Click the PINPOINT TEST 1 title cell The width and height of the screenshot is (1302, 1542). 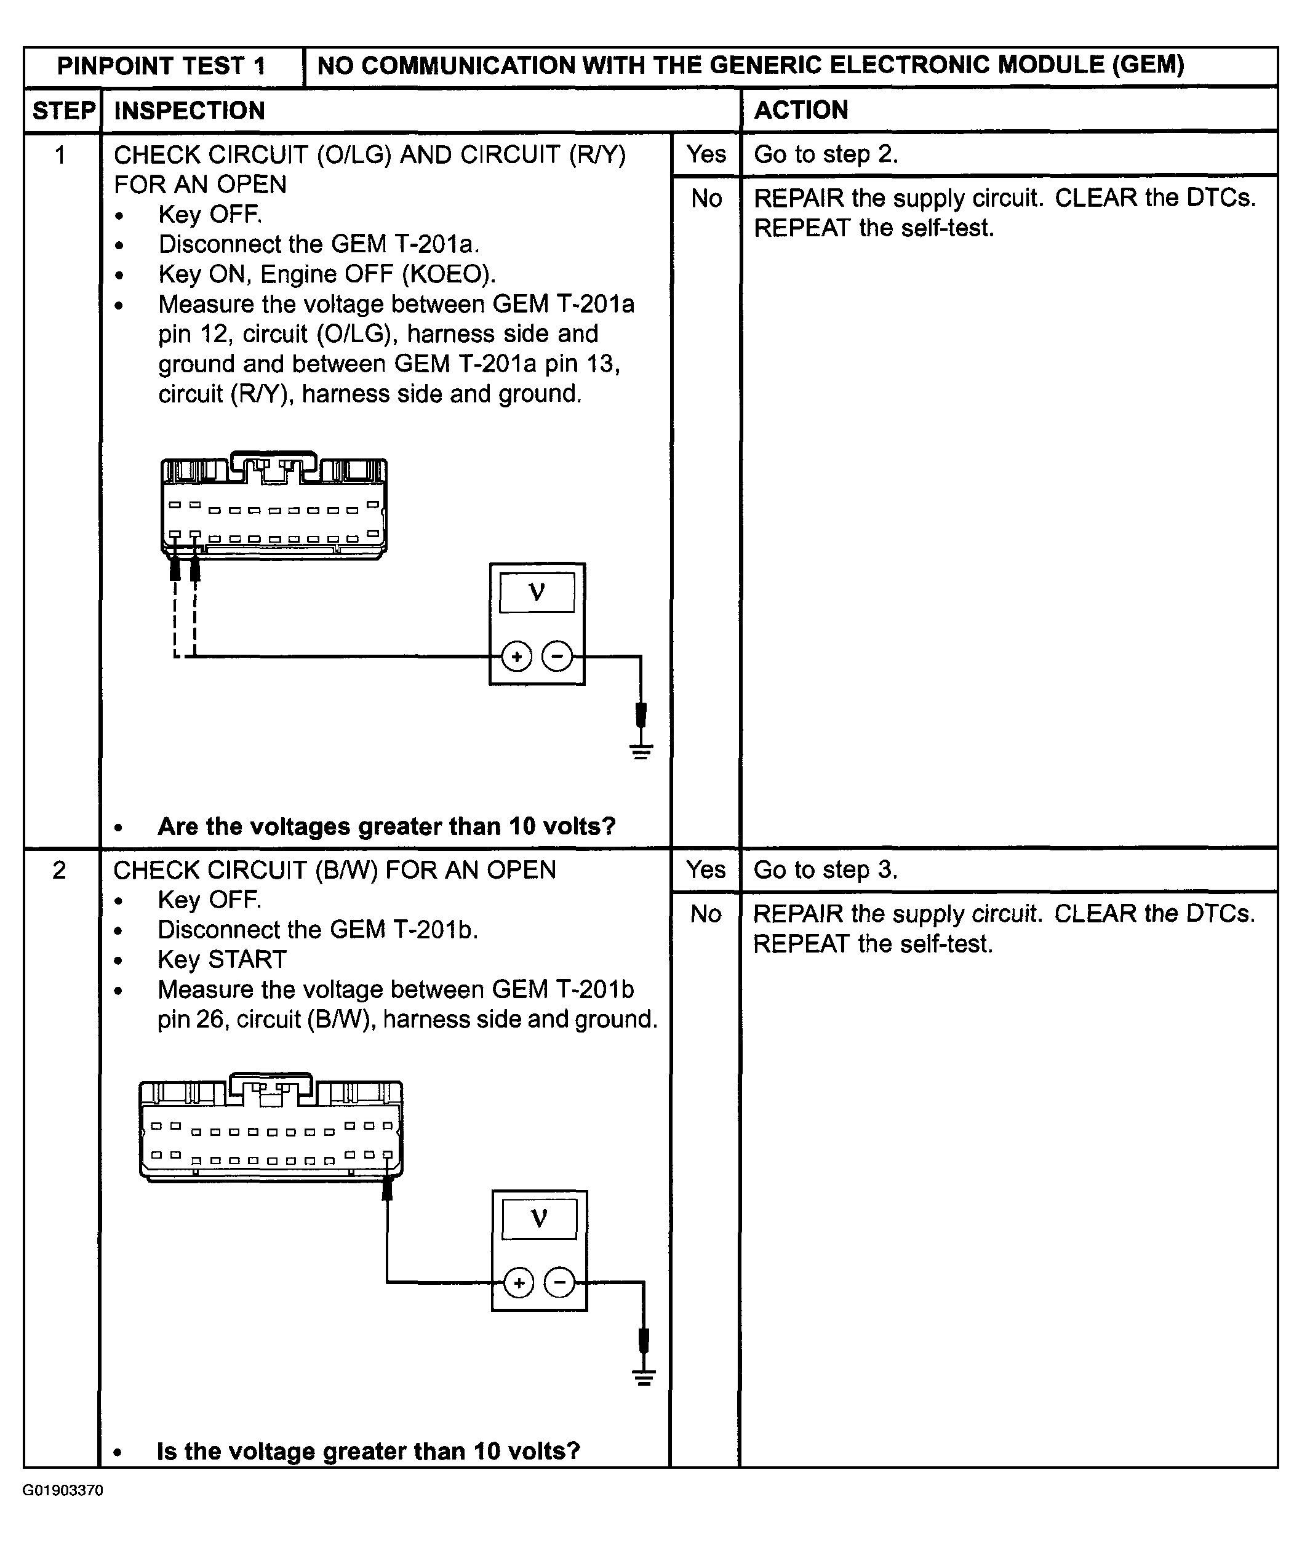tap(162, 66)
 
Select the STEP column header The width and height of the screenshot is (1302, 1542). tap(63, 111)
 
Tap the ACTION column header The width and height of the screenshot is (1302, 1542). tap(801, 110)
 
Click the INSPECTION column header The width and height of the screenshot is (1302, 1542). tap(189, 111)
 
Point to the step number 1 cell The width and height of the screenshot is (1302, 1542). tap(60, 155)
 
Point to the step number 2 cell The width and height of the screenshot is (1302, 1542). tap(60, 870)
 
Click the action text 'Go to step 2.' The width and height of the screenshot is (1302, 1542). tap(825, 154)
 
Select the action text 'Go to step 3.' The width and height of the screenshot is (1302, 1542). tap(825, 869)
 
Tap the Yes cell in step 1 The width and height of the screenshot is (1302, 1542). tap(706, 154)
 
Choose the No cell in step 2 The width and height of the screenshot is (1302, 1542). tap(706, 914)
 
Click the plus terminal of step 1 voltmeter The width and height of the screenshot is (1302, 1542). tap(517, 656)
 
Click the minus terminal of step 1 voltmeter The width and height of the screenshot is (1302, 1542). tap(557, 656)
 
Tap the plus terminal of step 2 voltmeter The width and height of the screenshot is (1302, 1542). tap(519, 1283)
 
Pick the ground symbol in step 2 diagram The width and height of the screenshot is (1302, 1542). tap(644, 1377)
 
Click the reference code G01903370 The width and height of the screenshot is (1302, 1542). tap(63, 1490)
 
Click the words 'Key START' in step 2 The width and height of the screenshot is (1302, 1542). tap(222, 960)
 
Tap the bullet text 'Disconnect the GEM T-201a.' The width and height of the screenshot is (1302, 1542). tap(318, 244)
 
